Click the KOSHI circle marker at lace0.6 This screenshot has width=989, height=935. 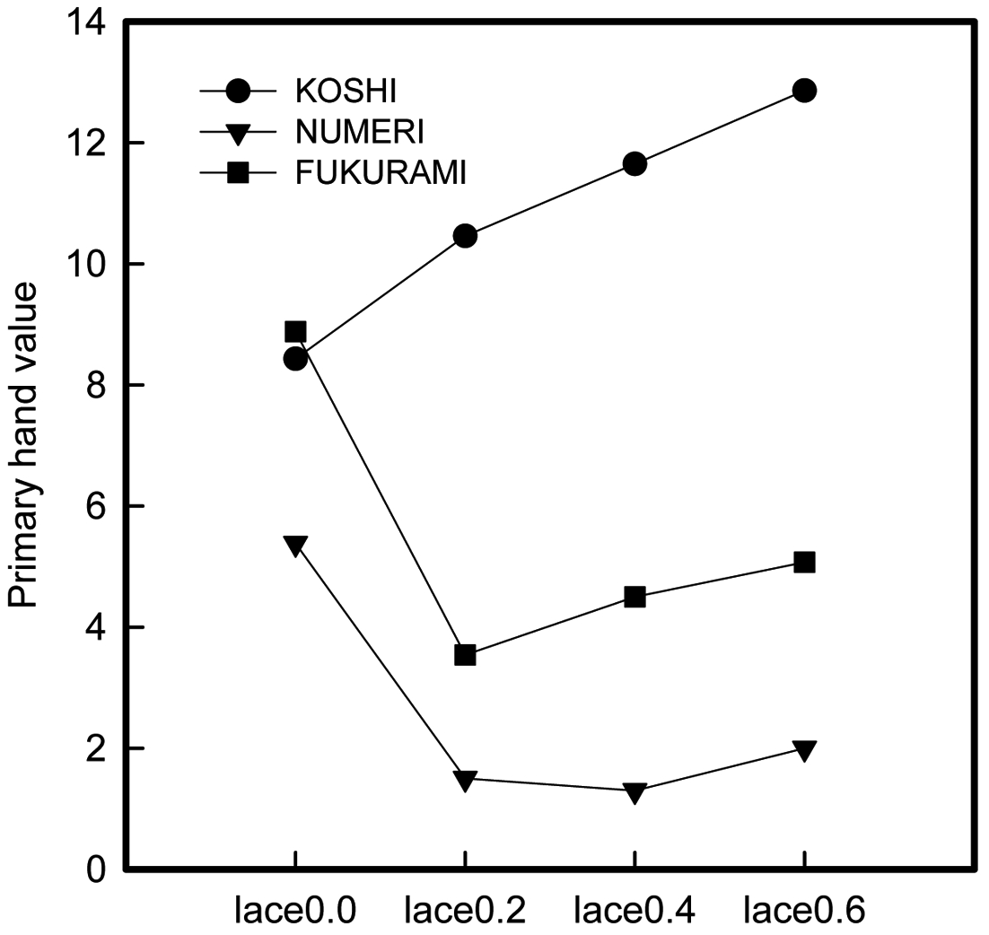(804, 91)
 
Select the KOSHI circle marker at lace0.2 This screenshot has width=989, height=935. (465, 236)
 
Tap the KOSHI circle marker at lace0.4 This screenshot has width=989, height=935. (635, 164)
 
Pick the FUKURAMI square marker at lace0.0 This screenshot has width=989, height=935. (295, 332)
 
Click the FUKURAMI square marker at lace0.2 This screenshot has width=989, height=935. (465, 655)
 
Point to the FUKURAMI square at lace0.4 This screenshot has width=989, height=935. (635, 597)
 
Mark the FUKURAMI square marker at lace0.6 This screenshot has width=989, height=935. (804, 562)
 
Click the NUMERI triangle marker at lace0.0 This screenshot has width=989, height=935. (295, 545)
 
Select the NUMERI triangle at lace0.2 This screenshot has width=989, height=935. (465, 780)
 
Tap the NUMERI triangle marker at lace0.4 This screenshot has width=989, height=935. (635, 792)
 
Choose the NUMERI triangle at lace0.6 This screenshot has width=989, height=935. (804, 750)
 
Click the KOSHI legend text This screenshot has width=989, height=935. (346, 92)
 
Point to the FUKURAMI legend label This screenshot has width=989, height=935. (381, 173)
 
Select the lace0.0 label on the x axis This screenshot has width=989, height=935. (295, 912)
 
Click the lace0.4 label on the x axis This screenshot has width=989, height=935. (635, 912)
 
